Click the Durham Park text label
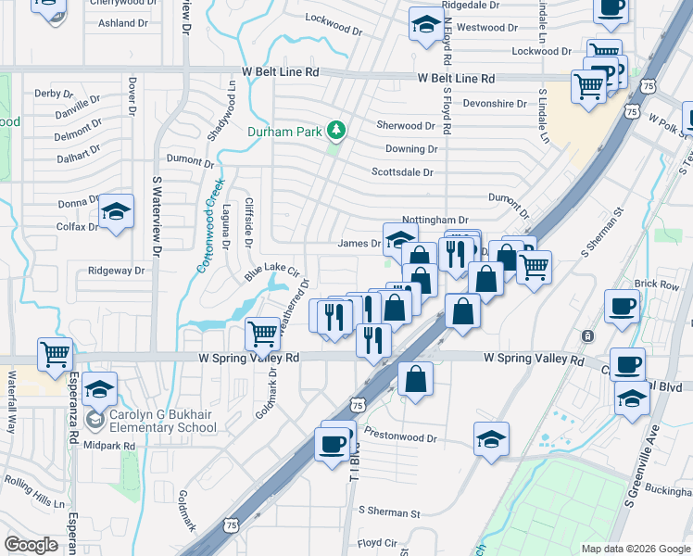[x=283, y=131]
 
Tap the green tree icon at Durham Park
[x=335, y=130]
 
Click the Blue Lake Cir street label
[x=272, y=271]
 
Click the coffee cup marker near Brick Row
[x=621, y=305]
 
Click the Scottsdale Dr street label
[x=402, y=172]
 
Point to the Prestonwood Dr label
[x=400, y=437]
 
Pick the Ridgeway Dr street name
[x=117, y=272]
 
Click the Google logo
[x=31, y=544]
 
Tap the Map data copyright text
[x=636, y=549]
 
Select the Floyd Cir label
[x=377, y=543]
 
